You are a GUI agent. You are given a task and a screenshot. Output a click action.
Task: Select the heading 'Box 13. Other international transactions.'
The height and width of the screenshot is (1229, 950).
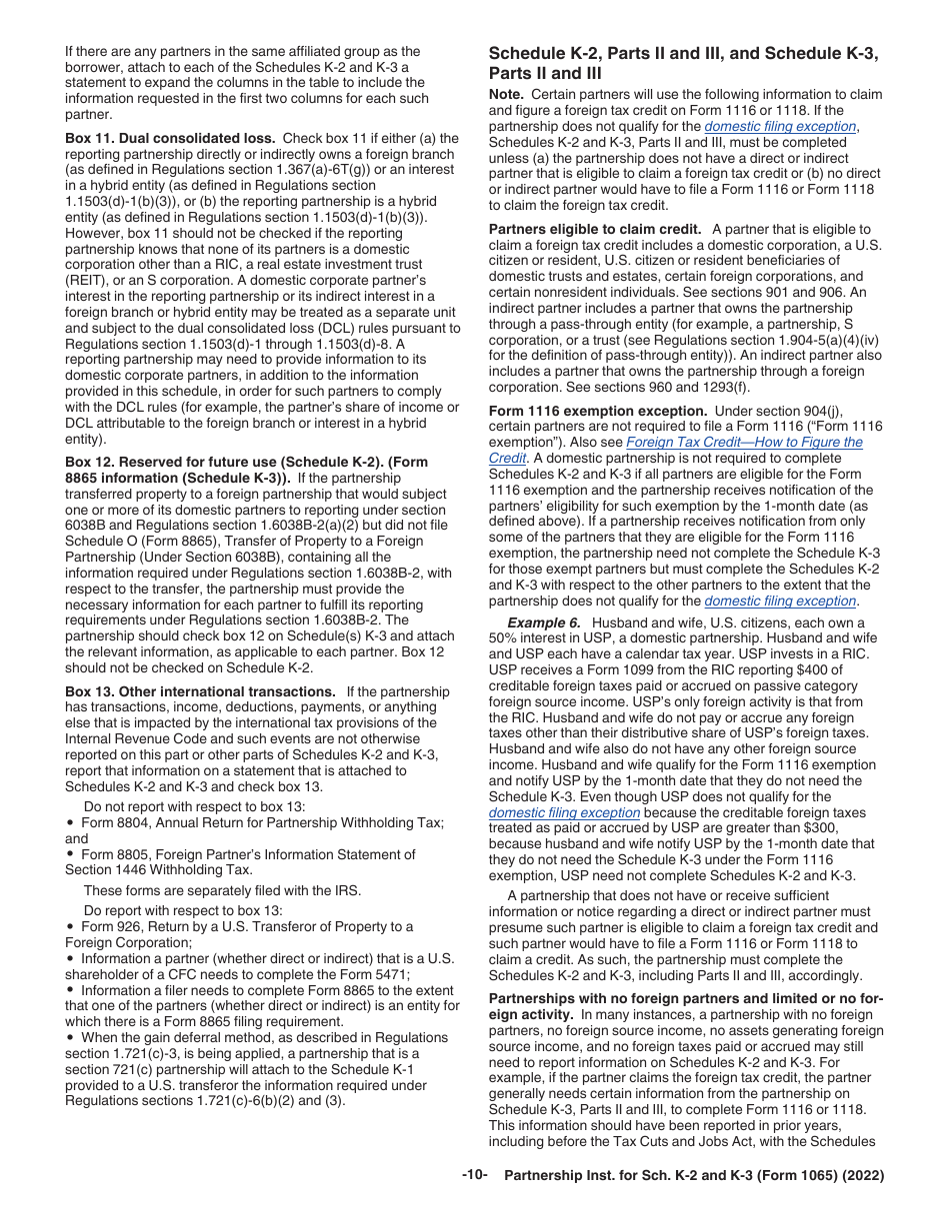[200, 691]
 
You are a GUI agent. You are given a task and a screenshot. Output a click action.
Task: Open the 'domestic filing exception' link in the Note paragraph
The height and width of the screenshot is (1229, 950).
[780, 127]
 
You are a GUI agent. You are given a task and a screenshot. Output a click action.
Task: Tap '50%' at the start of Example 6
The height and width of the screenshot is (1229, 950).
[503, 638]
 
